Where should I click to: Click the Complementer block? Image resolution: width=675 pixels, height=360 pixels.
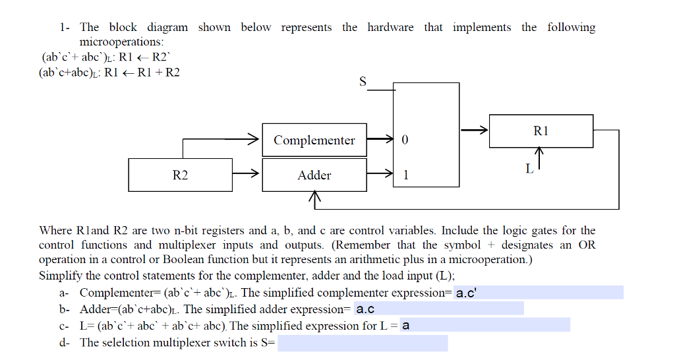(314, 140)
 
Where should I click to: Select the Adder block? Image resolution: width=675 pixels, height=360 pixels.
(314, 175)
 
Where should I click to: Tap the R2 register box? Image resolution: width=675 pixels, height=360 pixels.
(180, 175)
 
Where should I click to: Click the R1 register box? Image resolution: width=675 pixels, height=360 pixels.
(541, 131)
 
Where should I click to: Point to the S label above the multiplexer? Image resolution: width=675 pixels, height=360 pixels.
(363, 82)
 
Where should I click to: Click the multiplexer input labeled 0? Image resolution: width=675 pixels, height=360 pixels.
(405, 140)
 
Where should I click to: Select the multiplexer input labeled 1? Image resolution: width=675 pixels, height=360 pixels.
(405, 175)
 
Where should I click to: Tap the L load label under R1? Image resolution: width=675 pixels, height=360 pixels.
(529, 169)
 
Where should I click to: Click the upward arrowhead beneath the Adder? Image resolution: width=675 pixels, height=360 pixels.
(314, 197)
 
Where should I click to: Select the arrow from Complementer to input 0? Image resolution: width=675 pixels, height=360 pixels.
(380, 140)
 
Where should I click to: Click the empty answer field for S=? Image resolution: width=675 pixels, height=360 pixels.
(363, 343)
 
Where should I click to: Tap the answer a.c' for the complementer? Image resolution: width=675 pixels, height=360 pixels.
(465, 293)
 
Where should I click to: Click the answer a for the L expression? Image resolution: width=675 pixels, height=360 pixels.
(406, 326)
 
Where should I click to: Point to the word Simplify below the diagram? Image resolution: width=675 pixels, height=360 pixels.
(59, 276)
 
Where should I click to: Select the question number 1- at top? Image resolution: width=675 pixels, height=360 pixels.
(65, 28)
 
